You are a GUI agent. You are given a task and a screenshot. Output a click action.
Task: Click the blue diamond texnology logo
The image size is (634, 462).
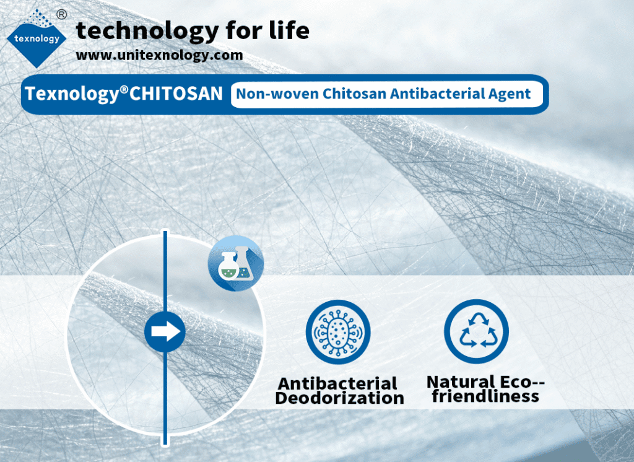click(x=37, y=39)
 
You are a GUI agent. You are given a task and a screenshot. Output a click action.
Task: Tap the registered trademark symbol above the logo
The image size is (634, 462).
click(x=61, y=15)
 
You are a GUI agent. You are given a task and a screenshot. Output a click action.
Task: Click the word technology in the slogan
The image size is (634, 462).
click(x=147, y=31)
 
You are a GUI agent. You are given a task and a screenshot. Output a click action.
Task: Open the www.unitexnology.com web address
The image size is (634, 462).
click(x=159, y=54)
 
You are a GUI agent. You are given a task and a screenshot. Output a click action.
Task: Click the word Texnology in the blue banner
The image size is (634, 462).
click(x=71, y=94)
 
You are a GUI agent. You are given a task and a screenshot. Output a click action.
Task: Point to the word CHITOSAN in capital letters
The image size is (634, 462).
click(x=176, y=94)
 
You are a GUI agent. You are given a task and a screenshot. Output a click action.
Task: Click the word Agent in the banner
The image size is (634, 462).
click(x=510, y=94)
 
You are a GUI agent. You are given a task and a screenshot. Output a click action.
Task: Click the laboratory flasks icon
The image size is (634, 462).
click(x=236, y=263)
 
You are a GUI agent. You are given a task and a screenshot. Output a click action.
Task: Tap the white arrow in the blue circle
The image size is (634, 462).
click(x=165, y=332)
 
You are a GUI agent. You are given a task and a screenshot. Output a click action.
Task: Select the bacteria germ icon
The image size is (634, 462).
click(x=338, y=332)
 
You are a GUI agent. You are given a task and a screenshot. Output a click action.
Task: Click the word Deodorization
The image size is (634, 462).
click(x=340, y=398)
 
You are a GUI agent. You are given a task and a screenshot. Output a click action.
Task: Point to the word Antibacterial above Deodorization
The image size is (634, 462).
click(x=337, y=383)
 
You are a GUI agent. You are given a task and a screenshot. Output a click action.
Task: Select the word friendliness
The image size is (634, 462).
click(x=485, y=396)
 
